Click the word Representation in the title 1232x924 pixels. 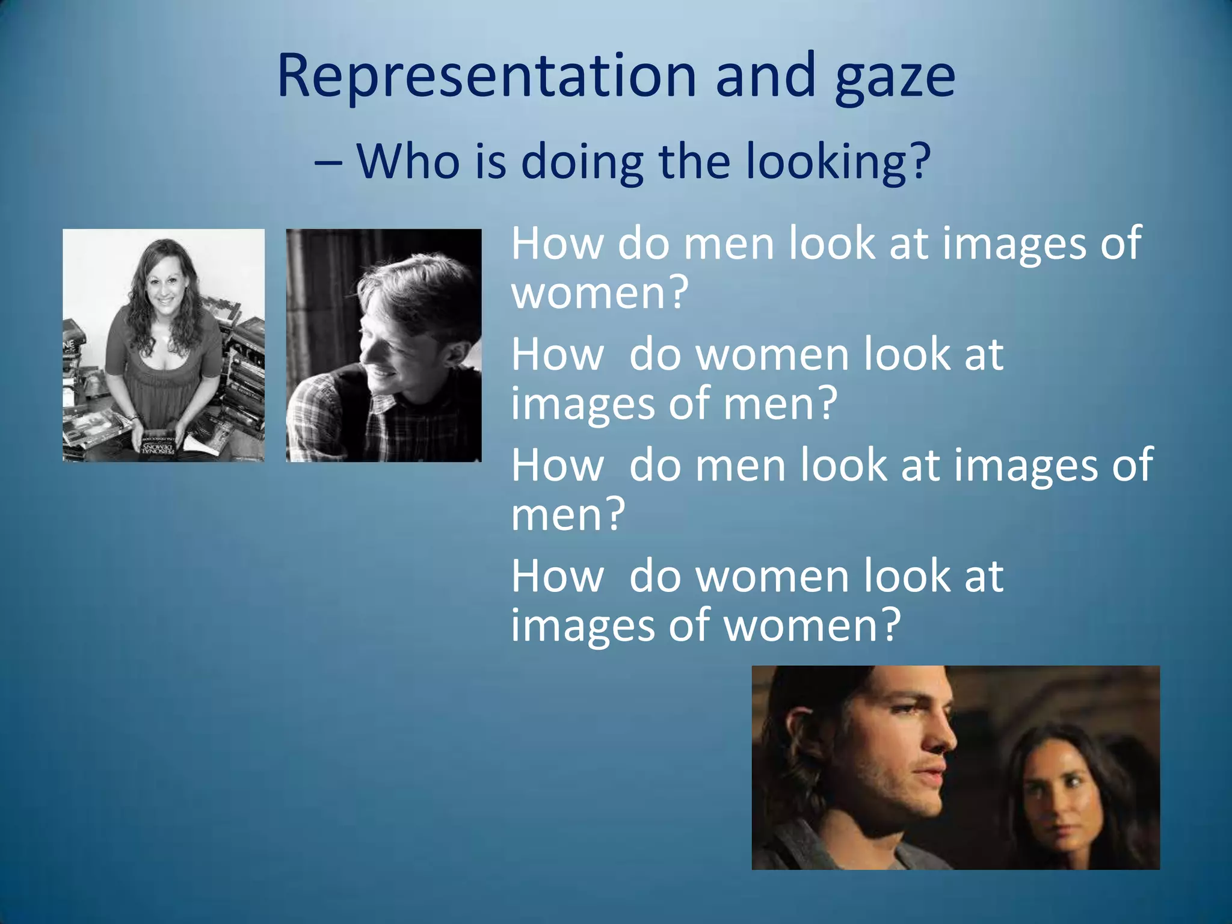tap(486, 76)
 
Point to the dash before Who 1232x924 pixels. tap(329, 162)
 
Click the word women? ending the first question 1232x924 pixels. tap(599, 293)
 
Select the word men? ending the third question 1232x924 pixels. tap(568, 514)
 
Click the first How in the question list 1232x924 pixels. tap(557, 244)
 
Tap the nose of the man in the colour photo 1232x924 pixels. tap(943, 737)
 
